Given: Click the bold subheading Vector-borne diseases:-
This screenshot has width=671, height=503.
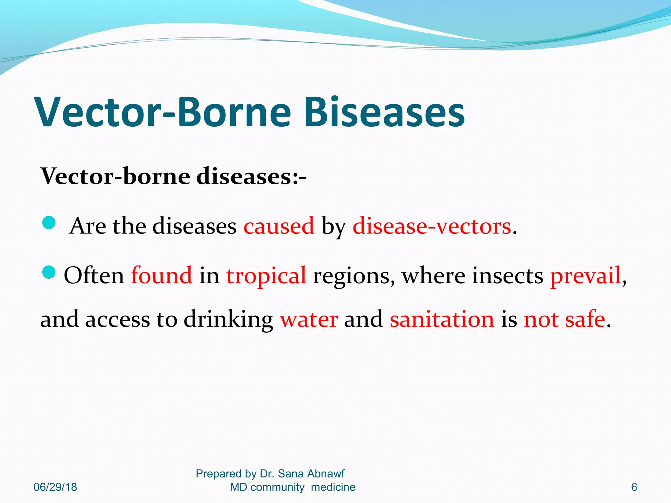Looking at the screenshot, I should point(173,177).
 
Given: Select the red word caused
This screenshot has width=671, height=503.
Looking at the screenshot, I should point(279,226).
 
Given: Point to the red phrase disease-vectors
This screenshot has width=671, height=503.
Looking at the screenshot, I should point(432,226).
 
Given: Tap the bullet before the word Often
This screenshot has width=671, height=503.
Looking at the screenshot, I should point(49,272).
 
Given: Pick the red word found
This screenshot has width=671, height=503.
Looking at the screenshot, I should point(162,275).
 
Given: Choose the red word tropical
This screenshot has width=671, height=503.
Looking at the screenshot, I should point(266,276).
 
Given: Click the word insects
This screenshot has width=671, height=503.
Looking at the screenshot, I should point(508,275).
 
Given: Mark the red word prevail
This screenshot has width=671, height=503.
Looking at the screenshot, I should point(585,275).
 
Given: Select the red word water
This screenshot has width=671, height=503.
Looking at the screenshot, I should point(309,319).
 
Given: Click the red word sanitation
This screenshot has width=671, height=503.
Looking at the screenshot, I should point(442,319).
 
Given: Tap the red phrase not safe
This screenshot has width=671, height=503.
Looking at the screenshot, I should point(564,319).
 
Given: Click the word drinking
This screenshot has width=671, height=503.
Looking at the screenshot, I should point(228,320).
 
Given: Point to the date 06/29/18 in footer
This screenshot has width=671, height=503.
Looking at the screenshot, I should point(55,487).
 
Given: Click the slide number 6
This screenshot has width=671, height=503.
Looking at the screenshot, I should point(634,487).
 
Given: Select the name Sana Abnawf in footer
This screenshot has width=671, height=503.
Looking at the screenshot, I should point(311,474).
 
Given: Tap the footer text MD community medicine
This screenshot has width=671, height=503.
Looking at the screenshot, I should point(293,487).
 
